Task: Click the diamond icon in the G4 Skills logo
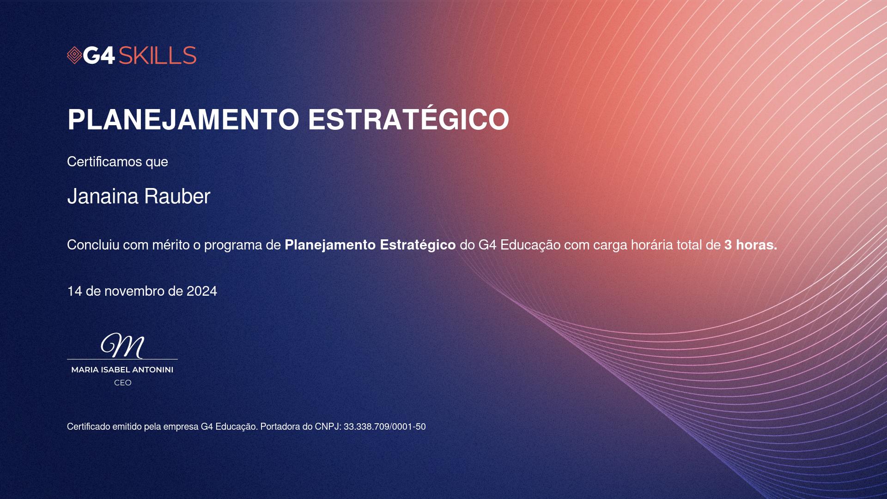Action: tap(74, 55)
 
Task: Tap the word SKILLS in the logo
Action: tap(158, 55)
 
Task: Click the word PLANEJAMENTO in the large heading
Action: tap(184, 120)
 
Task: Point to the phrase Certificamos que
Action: tap(117, 162)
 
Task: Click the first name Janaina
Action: tap(103, 196)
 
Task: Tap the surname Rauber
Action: tap(177, 196)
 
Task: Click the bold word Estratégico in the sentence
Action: tap(418, 245)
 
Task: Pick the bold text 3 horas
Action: tap(751, 245)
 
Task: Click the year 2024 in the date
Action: tap(202, 291)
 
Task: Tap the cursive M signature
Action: tap(122, 346)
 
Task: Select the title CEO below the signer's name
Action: tap(123, 383)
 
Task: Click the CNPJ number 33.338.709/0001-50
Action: tap(384, 426)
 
